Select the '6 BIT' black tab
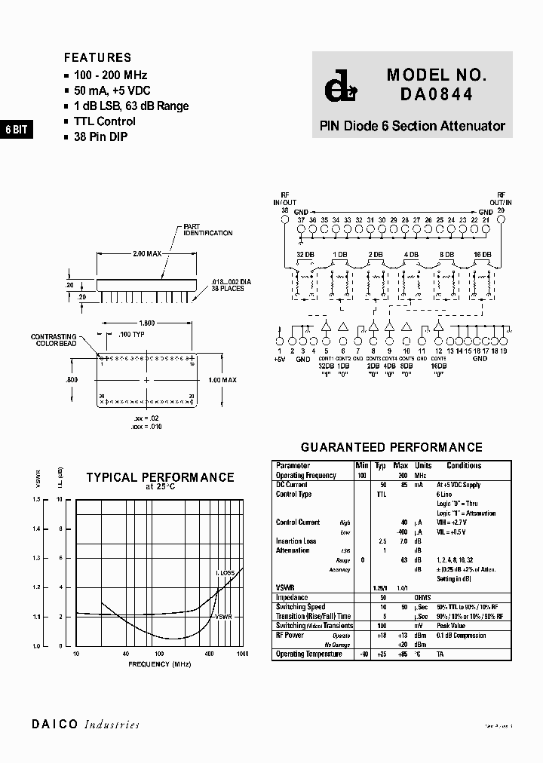pyautogui.click(x=16, y=130)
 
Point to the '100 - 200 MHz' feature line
pyautogui.click(x=110, y=75)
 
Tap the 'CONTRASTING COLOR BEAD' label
pyautogui.click(x=55, y=340)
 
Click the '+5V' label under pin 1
pyautogui.click(x=281, y=360)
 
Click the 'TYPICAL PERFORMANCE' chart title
pyautogui.click(x=160, y=477)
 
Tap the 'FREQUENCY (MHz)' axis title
pyautogui.click(x=160, y=664)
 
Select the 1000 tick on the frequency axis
pyautogui.click(x=242, y=654)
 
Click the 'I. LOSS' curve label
pyautogui.click(x=226, y=575)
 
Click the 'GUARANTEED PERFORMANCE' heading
pyautogui.click(x=391, y=448)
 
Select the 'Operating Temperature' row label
pyautogui.click(x=308, y=654)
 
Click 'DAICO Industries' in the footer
pyautogui.click(x=85, y=725)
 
